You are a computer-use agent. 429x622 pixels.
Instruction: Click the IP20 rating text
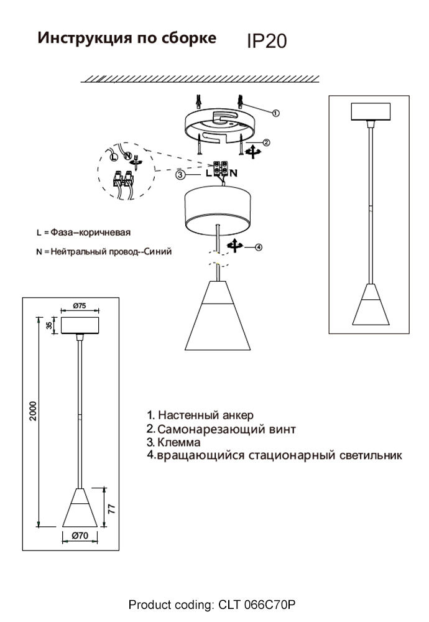pyautogui.click(x=267, y=41)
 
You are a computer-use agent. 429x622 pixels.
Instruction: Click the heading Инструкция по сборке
pyautogui.click(x=127, y=38)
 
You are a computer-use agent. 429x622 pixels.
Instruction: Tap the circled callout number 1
pyautogui.click(x=276, y=113)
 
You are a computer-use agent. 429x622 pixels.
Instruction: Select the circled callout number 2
pyautogui.click(x=267, y=142)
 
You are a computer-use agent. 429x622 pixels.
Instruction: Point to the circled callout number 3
pyautogui.click(x=179, y=175)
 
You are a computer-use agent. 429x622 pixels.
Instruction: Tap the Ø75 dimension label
pyautogui.click(x=79, y=305)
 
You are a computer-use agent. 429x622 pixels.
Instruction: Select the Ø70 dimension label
pyautogui.click(x=79, y=535)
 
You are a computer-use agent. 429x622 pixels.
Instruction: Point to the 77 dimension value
pyautogui.click(x=111, y=507)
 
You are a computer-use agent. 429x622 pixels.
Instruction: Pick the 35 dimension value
pyautogui.click(x=49, y=325)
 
